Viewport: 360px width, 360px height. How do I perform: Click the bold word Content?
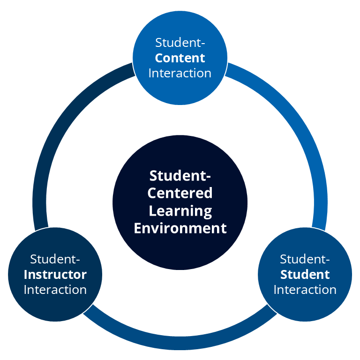[x=180, y=58]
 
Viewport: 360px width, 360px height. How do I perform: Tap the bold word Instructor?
[x=55, y=274]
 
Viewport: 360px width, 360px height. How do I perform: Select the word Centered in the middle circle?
[x=180, y=193]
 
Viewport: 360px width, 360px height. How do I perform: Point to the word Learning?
[x=180, y=210]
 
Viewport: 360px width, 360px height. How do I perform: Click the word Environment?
[x=180, y=228]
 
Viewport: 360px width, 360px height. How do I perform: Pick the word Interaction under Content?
[x=180, y=74]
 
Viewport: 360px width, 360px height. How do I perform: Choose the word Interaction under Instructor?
[x=55, y=290]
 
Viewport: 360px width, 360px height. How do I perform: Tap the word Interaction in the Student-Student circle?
[x=305, y=290]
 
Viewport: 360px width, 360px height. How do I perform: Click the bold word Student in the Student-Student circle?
[x=305, y=274]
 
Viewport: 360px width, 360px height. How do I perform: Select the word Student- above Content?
[x=180, y=43]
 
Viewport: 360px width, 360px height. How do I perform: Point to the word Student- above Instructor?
[x=55, y=259]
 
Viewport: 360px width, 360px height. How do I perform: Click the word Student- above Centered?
[x=180, y=176]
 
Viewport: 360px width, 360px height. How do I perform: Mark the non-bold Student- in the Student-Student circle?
[x=305, y=259]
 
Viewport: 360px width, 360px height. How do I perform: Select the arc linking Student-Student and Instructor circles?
[x=180, y=344]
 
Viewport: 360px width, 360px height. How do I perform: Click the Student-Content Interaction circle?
[x=180, y=89]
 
